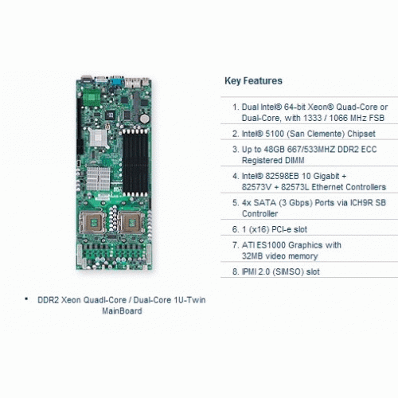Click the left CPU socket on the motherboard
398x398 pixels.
(92, 222)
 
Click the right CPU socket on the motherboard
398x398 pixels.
(131, 222)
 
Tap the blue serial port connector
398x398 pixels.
(117, 81)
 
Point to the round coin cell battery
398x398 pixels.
(144, 119)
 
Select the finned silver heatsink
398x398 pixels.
(98, 178)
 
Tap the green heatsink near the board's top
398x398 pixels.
(92, 97)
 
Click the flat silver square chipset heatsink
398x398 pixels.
(98, 138)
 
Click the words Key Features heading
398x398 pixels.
(253, 80)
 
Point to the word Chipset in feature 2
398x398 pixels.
(361, 134)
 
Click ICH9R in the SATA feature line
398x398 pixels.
(361, 203)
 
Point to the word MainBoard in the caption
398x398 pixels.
(122, 310)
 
